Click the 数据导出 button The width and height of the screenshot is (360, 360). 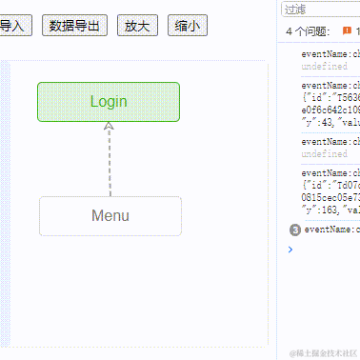point(75,27)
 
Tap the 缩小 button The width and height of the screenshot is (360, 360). point(187,27)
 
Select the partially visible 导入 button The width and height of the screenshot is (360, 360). point(12,27)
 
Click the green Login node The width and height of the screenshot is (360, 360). point(109,102)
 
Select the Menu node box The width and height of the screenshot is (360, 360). point(110,215)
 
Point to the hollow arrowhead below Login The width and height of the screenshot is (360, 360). point(110,127)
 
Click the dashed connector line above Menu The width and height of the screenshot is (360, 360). point(110,162)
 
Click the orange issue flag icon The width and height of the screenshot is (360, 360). point(347,31)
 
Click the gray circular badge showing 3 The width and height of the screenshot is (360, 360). point(294,230)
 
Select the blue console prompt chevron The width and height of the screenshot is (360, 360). point(290,250)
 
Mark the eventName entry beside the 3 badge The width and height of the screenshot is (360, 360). point(332,230)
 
